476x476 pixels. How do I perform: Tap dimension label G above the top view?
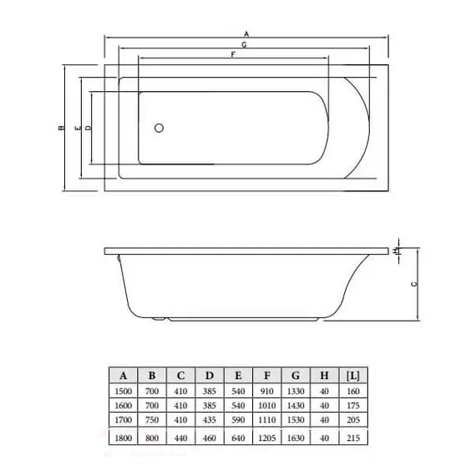(242, 43)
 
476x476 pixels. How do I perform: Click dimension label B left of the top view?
(61, 129)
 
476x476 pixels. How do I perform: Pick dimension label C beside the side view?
(415, 284)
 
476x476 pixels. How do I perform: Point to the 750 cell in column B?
(152, 419)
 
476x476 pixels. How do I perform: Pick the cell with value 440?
(180, 437)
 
